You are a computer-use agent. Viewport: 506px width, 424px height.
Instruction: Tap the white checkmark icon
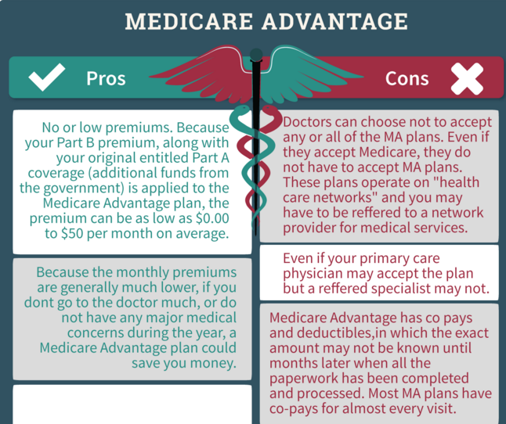point(46,77)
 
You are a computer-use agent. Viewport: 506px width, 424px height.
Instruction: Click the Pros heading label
point(106,78)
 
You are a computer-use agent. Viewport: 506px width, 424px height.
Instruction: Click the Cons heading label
point(407,78)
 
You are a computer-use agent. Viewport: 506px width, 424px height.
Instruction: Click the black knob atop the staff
point(254,55)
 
